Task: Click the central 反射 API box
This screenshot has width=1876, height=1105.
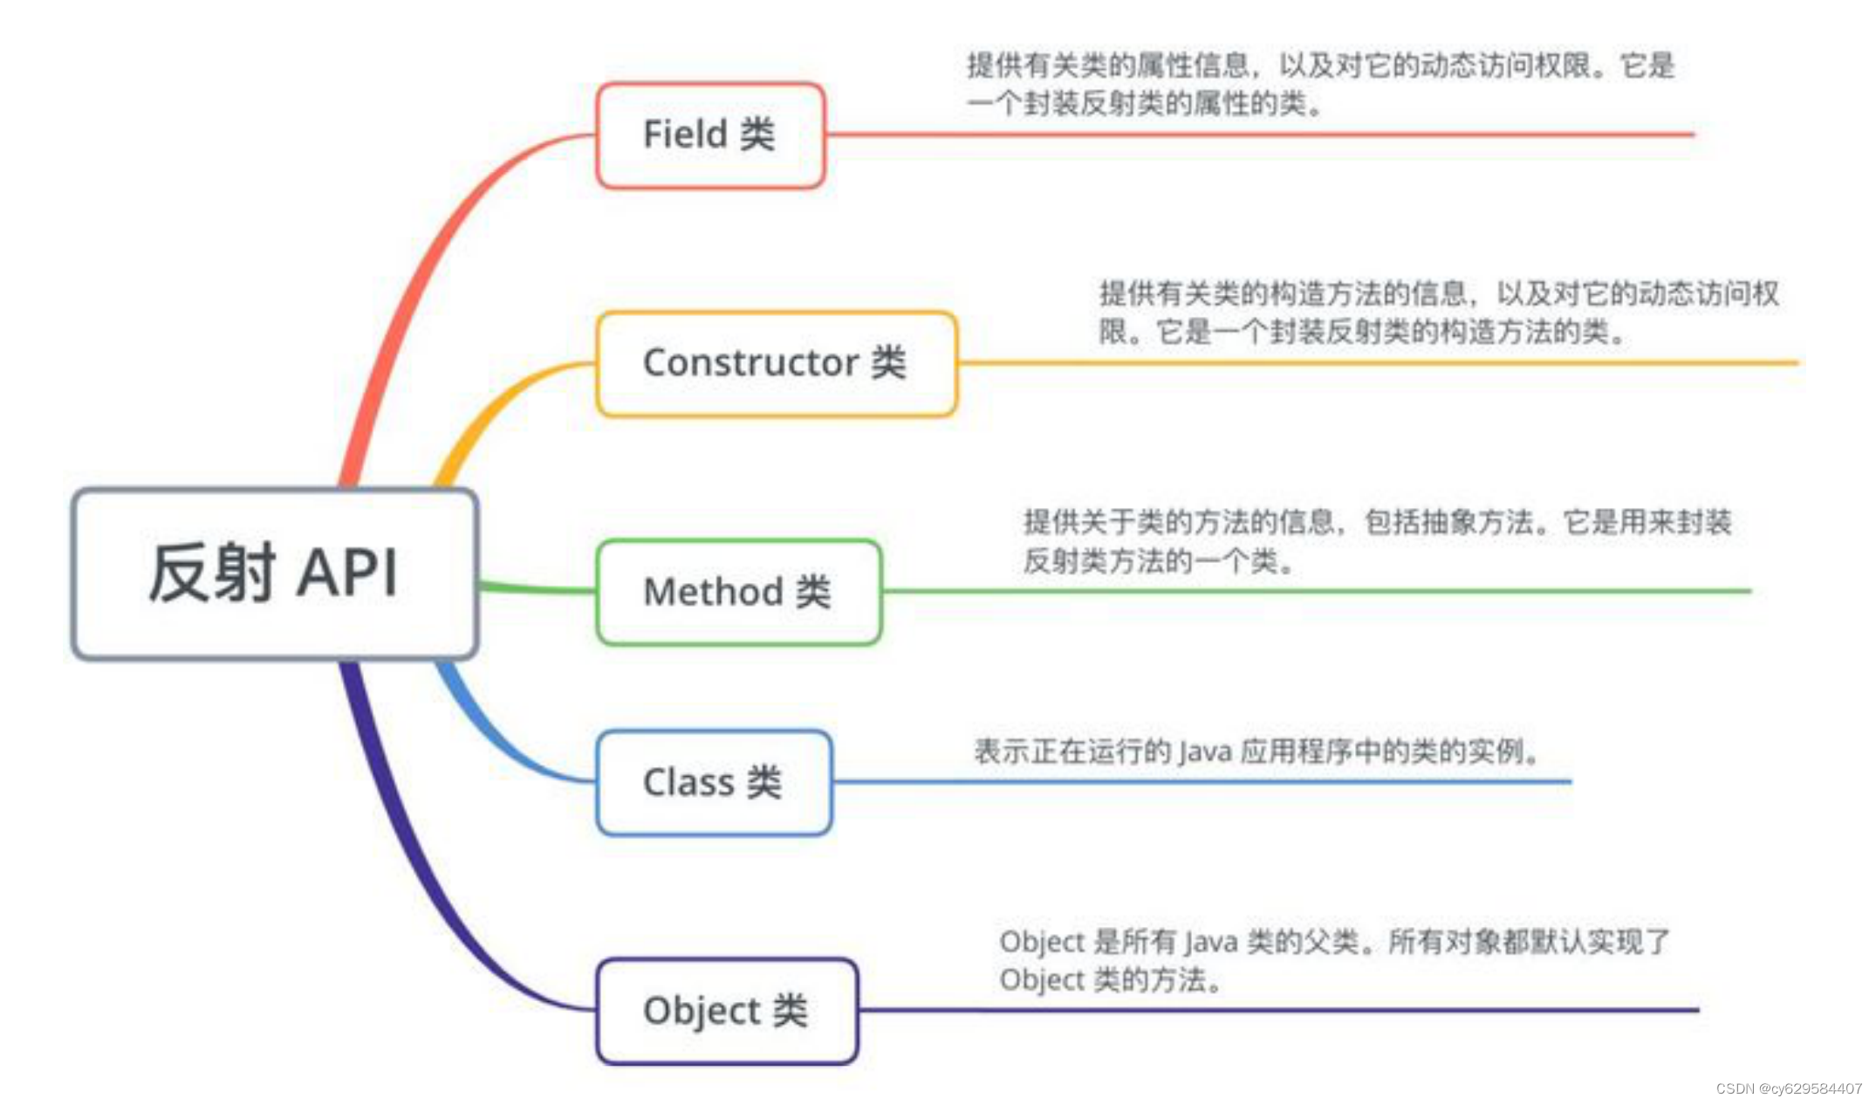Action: coord(275,573)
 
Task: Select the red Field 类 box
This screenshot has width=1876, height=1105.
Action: coord(710,135)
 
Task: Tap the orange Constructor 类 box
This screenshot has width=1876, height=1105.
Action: coord(777,363)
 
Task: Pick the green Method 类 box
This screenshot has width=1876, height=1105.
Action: coord(738,592)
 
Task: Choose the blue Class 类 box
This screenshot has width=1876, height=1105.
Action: coord(714,782)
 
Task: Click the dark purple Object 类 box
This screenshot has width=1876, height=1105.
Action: coord(727,1011)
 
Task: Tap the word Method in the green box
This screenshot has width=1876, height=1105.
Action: coord(713,592)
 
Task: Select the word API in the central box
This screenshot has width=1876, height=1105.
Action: coord(347,573)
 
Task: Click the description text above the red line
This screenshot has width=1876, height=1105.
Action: coord(1319,85)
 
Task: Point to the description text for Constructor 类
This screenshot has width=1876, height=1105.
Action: coord(1438,312)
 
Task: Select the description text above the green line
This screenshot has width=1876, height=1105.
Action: coord(1377,541)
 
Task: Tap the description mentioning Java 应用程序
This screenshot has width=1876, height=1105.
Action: coord(1256,752)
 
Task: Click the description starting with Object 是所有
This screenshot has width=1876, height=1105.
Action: coord(1333,960)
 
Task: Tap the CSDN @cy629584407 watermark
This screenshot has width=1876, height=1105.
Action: coord(1789,1088)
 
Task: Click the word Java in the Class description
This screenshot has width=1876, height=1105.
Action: coord(1205,752)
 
